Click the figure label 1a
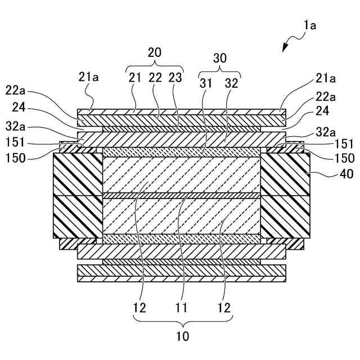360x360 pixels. pos(310,25)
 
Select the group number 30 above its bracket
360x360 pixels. pos(220,58)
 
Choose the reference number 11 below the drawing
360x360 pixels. pos(182,308)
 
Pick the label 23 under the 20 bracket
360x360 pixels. pos(175,78)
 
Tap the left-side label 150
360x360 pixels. pos(17,158)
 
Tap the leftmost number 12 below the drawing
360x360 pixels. pos(139,308)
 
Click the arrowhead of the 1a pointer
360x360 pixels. pos(285,49)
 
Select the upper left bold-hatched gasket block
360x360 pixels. pos(78,174)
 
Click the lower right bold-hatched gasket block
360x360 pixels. pos(285,217)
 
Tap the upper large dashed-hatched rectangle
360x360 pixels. pos(182,174)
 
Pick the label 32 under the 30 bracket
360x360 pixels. pos(231,82)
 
